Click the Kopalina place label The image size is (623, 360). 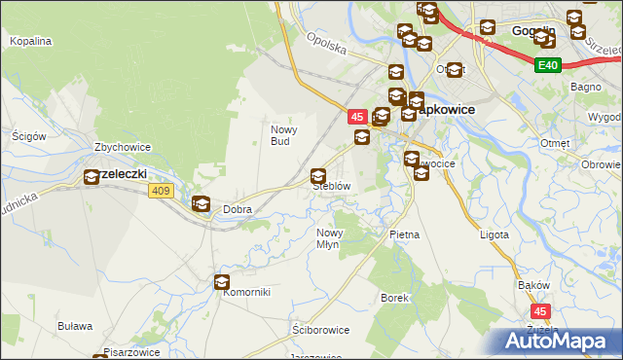29,42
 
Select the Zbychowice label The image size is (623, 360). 122,148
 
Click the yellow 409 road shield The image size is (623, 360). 162,191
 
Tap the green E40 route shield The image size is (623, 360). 548,65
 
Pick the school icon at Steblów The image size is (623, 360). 317,176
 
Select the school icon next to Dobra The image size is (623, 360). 201,204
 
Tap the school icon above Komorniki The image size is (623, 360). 222,282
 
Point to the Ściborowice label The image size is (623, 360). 320,330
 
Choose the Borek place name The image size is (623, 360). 393,297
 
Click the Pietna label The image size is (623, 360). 404,234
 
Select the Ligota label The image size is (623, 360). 495,234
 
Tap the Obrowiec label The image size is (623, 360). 601,163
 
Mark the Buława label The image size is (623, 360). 74,326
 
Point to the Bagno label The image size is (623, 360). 588,88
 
